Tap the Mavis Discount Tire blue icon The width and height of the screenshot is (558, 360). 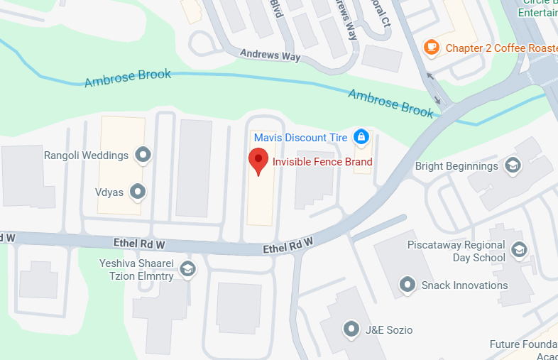[x=361, y=136]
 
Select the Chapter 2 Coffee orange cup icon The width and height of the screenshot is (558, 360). [x=431, y=48]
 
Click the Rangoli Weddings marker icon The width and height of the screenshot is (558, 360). [x=145, y=154]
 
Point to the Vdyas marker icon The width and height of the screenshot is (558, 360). [x=138, y=191]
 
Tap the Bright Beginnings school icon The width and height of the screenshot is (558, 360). [x=512, y=166]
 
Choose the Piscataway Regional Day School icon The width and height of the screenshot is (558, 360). [x=520, y=249]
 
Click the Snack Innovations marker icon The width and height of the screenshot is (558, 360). [x=407, y=285]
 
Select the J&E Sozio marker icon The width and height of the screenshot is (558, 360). [x=351, y=329]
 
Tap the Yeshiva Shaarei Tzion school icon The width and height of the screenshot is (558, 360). [x=188, y=268]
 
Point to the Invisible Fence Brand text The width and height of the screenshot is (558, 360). [x=322, y=162]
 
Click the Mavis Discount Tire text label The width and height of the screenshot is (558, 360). [x=301, y=136]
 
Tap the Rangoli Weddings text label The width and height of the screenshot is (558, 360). [x=86, y=155]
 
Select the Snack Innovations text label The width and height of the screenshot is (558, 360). [x=464, y=285]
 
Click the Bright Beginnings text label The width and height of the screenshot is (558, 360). [x=456, y=166]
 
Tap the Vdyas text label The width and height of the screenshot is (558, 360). [x=109, y=192]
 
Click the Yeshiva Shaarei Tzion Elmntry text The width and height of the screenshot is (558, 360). [x=136, y=269]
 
